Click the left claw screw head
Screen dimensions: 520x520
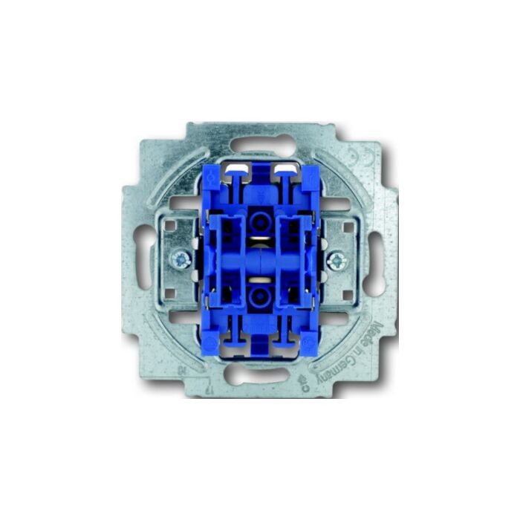tap(180, 259)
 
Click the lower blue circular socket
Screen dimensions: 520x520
tap(259, 298)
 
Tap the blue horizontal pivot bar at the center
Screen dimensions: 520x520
tap(259, 260)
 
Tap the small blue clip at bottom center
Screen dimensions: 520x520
tap(259, 345)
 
